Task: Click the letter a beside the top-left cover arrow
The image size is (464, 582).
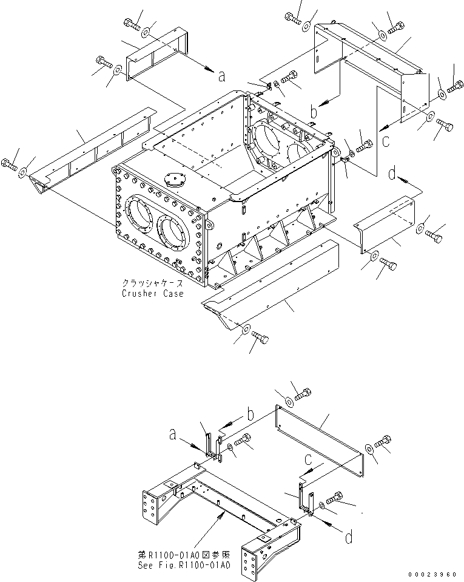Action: point(221,76)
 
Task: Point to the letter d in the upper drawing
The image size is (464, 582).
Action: point(392,174)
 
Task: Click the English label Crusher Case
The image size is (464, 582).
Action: point(152,293)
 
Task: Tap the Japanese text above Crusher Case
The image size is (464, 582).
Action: point(151,283)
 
